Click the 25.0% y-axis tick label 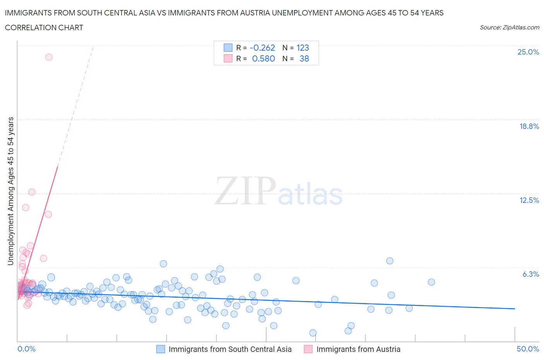(x=528, y=52)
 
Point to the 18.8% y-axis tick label (x=529, y=126)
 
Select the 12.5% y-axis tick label (x=529, y=200)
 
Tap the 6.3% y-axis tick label (x=530, y=274)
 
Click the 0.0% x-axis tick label (x=26, y=349)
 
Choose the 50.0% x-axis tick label (x=528, y=349)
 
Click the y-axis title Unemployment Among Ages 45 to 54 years (x=10, y=191)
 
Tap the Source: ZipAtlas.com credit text (x=509, y=27)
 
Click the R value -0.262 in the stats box (x=262, y=48)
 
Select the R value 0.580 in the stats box (x=263, y=58)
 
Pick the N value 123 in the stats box (x=303, y=48)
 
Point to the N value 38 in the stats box (x=304, y=58)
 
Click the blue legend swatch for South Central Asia (x=161, y=349)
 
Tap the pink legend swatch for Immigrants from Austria (x=308, y=349)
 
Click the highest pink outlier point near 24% (x=49, y=57)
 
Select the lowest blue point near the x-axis (x=313, y=333)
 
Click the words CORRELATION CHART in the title (x=44, y=27)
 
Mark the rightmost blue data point (x=431, y=282)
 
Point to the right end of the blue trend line (x=515, y=309)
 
